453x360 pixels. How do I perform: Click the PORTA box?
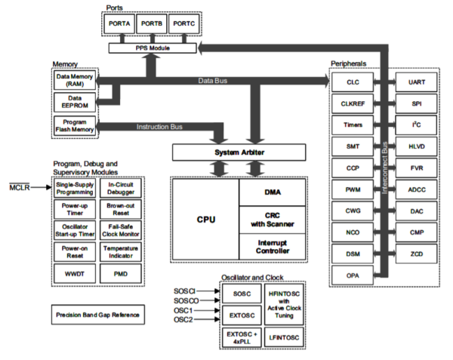[119, 25]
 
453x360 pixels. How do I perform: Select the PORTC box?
[184, 25]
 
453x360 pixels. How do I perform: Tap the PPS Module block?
[151, 48]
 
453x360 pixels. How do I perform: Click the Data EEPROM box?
[73, 102]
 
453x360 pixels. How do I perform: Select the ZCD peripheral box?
[416, 255]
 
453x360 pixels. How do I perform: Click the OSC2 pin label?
[183, 319]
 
